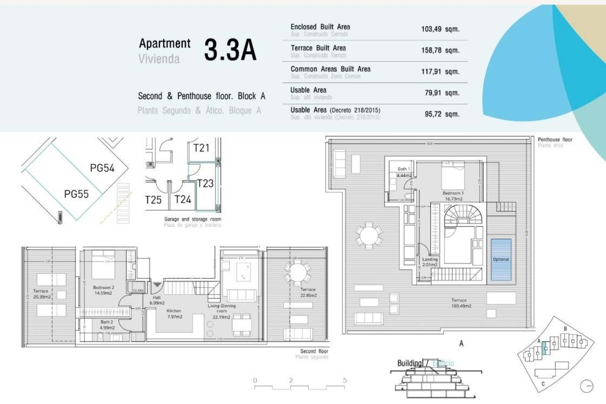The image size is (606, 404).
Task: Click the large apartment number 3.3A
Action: click(x=230, y=50)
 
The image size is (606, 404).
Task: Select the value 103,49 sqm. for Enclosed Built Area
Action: click(x=440, y=29)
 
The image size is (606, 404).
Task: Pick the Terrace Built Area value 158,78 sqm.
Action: click(x=440, y=50)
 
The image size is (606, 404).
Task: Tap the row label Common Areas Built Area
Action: click(x=330, y=69)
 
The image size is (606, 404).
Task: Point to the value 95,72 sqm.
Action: click(x=442, y=114)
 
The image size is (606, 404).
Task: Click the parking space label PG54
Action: click(x=102, y=168)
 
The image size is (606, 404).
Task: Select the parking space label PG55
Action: click(x=76, y=194)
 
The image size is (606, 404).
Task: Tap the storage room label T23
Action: click(x=205, y=183)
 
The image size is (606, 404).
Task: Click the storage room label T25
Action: click(x=153, y=200)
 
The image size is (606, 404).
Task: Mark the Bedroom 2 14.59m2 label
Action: click(x=104, y=290)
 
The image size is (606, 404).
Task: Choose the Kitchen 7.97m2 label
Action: click(x=174, y=314)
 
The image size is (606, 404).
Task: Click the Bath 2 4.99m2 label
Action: click(x=107, y=325)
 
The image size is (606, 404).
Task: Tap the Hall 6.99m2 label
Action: click(x=157, y=300)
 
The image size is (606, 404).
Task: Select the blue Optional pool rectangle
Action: click(x=501, y=259)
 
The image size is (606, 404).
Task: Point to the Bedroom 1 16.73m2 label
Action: click(x=453, y=196)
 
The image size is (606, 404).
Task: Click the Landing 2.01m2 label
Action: click(x=430, y=262)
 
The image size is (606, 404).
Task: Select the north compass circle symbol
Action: click(x=586, y=386)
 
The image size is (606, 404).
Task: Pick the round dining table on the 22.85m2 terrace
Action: click(x=297, y=272)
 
